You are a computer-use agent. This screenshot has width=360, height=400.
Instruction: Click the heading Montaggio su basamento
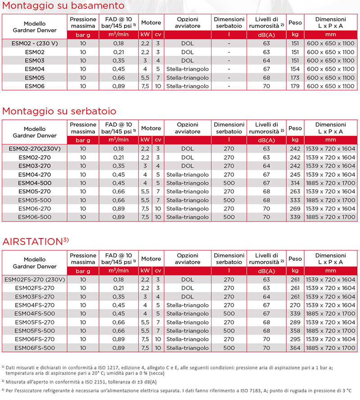(x=63, y=6)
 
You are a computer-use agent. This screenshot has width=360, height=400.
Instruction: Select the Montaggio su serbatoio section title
(x=59, y=111)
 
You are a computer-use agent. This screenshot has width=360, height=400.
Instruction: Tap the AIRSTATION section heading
(x=36, y=241)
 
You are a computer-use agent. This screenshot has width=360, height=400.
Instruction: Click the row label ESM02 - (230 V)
(x=35, y=44)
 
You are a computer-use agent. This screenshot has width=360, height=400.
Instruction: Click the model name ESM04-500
(x=35, y=183)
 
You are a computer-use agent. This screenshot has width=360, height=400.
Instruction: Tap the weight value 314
(x=295, y=183)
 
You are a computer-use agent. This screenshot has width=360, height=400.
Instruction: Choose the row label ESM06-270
(x=35, y=208)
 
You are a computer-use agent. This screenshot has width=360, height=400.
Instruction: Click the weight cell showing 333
(x=295, y=200)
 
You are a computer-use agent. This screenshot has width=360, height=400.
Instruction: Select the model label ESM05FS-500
(x=35, y=331)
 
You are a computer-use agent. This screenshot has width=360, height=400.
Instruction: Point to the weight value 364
(x=295, y=348)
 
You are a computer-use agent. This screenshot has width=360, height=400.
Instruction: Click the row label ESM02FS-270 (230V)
(x=35, y=279)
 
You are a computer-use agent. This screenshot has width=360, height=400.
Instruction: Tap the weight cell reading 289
(x=295, y=322)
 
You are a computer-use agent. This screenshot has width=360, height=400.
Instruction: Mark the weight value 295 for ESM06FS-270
(x=295, y=339)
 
